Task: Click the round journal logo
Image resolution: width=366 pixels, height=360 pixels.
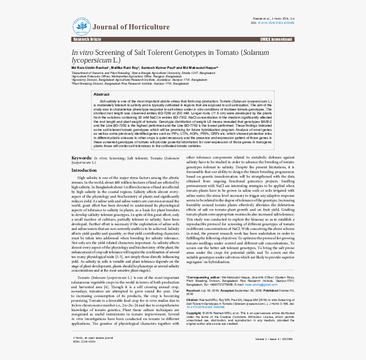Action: pyautogui.click(x=81, y=27)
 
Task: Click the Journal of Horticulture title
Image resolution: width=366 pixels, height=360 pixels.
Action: pyautogui.click(x=131, y=27)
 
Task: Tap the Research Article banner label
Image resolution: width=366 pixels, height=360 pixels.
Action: pyautogui.click(x=87, y=40)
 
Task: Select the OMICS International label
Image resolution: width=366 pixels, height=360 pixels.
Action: pyautogui.click(x=276, y=40)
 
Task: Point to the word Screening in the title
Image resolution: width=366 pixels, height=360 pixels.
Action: pyautogui.click(x=109, y=53)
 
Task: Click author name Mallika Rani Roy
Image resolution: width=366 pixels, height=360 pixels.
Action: pyautogui.click(x=124, y=68)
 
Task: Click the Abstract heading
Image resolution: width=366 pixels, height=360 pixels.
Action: pyautogui.click(x=101, y=94)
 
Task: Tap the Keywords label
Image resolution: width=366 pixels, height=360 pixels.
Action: pyautogui.click(x=81, y=158)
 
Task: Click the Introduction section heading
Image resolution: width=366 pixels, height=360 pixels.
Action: pyautogui.click(x=84, y=170)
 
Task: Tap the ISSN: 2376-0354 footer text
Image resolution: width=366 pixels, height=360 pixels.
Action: pyautogui.click(x=84, y=341)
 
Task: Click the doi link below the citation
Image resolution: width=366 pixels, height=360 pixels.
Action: pyautogui.click(x=206, y=307)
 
